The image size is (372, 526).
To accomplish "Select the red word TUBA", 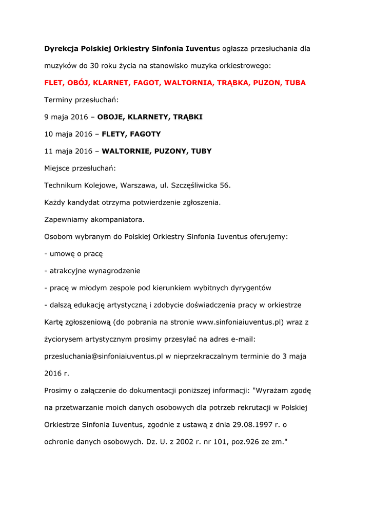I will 295,83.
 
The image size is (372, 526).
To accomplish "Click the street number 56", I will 225,185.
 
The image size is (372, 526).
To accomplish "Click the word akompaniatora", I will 118,219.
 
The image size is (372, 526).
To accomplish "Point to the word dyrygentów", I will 251,288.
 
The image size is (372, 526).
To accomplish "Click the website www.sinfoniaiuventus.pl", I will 240,322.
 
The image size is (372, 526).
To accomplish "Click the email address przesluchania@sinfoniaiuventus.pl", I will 104,356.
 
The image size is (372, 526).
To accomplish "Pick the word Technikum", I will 63,185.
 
